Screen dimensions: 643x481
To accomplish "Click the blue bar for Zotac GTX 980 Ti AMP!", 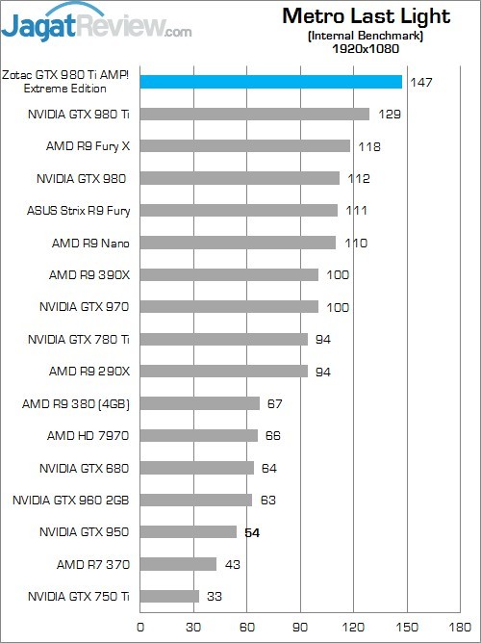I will point(271,82).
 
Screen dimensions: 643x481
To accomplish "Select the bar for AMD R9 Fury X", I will point(245,146).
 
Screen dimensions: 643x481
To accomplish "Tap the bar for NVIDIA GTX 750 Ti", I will point(169,596).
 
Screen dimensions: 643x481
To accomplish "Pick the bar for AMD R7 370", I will point(179,564).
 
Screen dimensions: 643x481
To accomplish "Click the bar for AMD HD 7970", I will point(199,435).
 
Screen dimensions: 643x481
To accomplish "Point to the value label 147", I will point(420,83).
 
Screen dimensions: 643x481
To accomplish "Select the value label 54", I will point(253,532).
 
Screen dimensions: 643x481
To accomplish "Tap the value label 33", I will point(215,597).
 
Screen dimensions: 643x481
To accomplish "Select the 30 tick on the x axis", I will point(194,625).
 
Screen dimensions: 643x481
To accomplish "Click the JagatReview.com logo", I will point(96,23).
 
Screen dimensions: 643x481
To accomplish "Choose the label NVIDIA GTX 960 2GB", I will point(71,500).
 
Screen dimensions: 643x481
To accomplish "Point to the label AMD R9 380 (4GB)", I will point(75,403).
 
